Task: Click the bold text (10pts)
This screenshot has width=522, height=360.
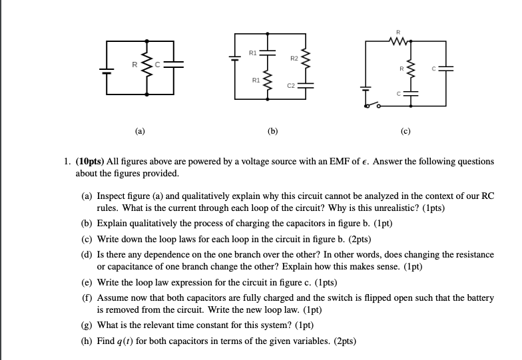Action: pos(101,162)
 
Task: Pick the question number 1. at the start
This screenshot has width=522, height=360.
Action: pos(79,162)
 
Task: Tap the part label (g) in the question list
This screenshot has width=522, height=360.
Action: pos(87,325)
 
